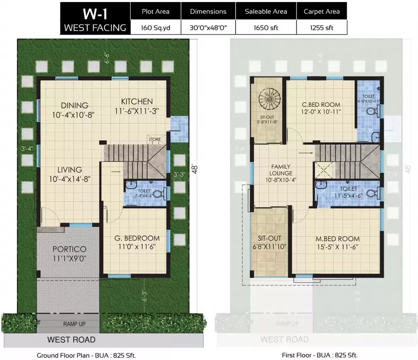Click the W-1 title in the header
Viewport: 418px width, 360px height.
coord(95,12)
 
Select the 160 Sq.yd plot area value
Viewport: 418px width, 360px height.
coord(155,28)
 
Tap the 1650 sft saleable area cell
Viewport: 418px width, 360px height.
coord(265,28)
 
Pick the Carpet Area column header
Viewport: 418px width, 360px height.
coord(321,11)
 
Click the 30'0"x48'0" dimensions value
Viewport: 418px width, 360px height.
coord(208,28)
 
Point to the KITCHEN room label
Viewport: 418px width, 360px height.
coord(137,101)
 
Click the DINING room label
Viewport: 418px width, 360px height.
coord(74,105)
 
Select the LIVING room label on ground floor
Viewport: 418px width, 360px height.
coord(69,170)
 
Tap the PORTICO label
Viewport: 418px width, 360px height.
coord(69,250)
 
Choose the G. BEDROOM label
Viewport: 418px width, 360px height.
coord(137,238)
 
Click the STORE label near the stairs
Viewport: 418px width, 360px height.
coord(154,139)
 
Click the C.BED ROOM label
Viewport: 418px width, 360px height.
coord(321,105)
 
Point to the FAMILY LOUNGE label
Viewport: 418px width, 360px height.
coord(281,170)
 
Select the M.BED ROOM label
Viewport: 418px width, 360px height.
coord(337,239)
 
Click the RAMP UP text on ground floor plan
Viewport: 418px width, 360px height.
coord(74,324)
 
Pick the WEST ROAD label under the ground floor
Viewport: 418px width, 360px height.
coord(71,340)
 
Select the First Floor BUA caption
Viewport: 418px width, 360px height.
coord(320,355)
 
